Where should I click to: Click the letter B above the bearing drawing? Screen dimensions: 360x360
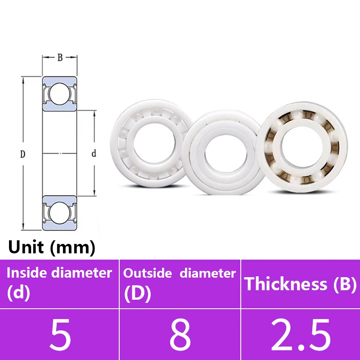[60, 58]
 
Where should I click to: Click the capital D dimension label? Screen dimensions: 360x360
[22, 154]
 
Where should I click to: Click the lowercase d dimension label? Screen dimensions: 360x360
[94, 154]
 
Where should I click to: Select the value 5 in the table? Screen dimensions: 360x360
[60, 335]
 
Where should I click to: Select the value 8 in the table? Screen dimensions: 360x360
[180, 335]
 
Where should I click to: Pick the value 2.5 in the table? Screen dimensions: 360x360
[300, 335]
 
